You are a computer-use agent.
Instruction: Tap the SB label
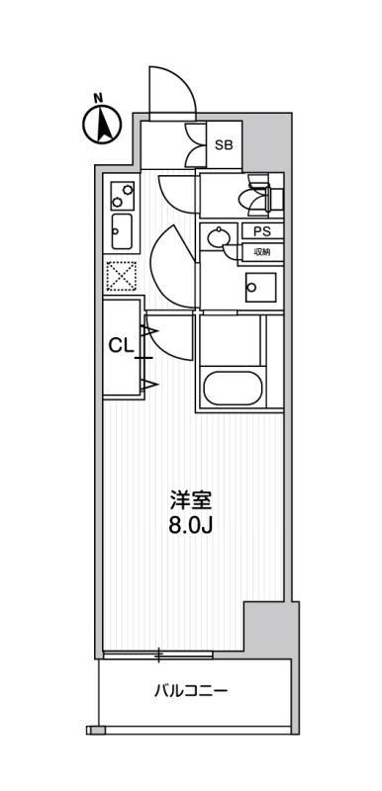tap(224, 145)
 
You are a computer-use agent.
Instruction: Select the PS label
tap(261, 231)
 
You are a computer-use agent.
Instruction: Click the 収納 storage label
tap(261, 252)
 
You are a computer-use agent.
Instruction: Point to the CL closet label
tap(122, 345)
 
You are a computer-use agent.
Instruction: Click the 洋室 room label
tap(190, 501)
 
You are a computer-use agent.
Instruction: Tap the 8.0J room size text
tap(190, 526)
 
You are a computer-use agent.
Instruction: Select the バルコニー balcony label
tap(191, 690)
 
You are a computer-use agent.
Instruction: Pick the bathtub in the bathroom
tap(233, 388)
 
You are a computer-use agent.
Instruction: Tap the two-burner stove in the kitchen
tap(123, 196)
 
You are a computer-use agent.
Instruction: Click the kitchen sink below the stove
tap(122, 231)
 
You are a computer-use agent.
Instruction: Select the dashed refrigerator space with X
tap(121, 276)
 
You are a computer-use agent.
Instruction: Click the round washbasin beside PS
tap(219, 236)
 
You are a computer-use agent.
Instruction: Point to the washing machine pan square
tap(260, 288)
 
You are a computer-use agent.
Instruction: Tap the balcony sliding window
tap(158, 655)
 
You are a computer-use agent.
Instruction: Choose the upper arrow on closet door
tap(150, 331)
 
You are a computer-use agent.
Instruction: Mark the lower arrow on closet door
tap(150, 386)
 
